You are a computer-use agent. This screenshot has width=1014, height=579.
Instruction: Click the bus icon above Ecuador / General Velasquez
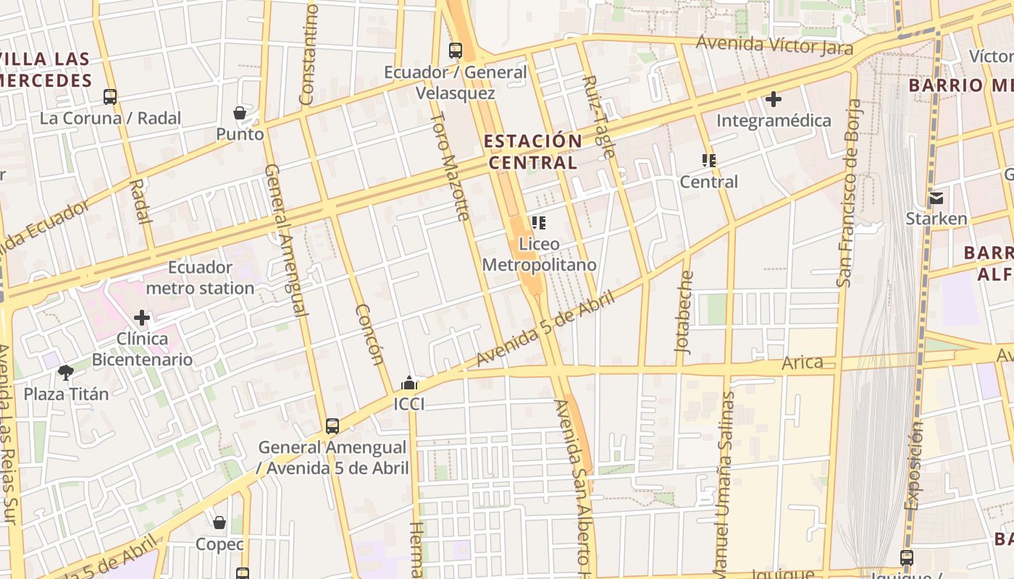coord(455,51)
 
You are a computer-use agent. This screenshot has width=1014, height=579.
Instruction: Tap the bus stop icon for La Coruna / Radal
coord(110,96)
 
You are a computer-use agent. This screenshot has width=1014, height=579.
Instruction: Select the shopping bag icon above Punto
coord(240,113)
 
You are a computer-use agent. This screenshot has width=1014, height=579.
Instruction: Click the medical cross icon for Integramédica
coord(774,98)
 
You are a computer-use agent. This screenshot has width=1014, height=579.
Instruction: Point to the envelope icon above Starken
coord(937,198)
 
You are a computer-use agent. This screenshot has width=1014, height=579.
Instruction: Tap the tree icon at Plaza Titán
coord(66,373)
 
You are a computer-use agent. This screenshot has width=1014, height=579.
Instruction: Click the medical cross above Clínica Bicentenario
coord(142,317)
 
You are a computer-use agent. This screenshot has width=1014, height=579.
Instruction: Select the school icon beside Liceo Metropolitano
coord(538,223)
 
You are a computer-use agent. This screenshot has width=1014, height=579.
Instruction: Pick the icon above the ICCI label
coord(409,383)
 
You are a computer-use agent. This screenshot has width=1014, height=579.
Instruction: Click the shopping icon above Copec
coord(219,523)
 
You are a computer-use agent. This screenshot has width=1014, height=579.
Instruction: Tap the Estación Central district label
coord(533,151)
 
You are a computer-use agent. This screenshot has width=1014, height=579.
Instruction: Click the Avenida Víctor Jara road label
coord(774,45)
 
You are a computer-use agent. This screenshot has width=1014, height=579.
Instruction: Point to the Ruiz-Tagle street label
coord(598,117)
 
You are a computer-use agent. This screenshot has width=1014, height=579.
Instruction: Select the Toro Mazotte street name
coord(451,166)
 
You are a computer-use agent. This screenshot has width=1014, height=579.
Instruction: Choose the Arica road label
coord(803,363)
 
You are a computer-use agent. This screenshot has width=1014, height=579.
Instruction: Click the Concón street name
coord(369,334)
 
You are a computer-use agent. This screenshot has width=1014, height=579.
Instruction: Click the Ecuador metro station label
coord(200,278)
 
